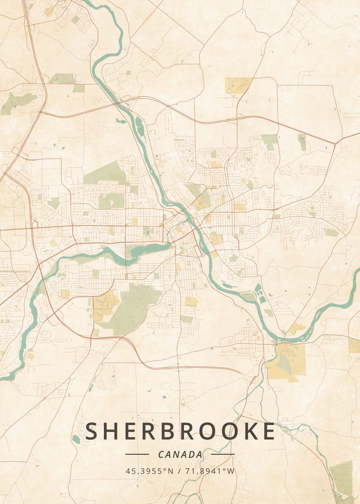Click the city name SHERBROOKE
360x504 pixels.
point(181,432)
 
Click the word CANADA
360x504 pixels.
point(180,454)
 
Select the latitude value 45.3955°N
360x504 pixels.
point(149,471)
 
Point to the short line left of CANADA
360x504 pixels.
point(137,454)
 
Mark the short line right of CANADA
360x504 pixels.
point(223,454)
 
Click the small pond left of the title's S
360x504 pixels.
point(76,439)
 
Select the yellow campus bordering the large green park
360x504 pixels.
point(103,307)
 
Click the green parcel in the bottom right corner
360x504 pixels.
point(342,479)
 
